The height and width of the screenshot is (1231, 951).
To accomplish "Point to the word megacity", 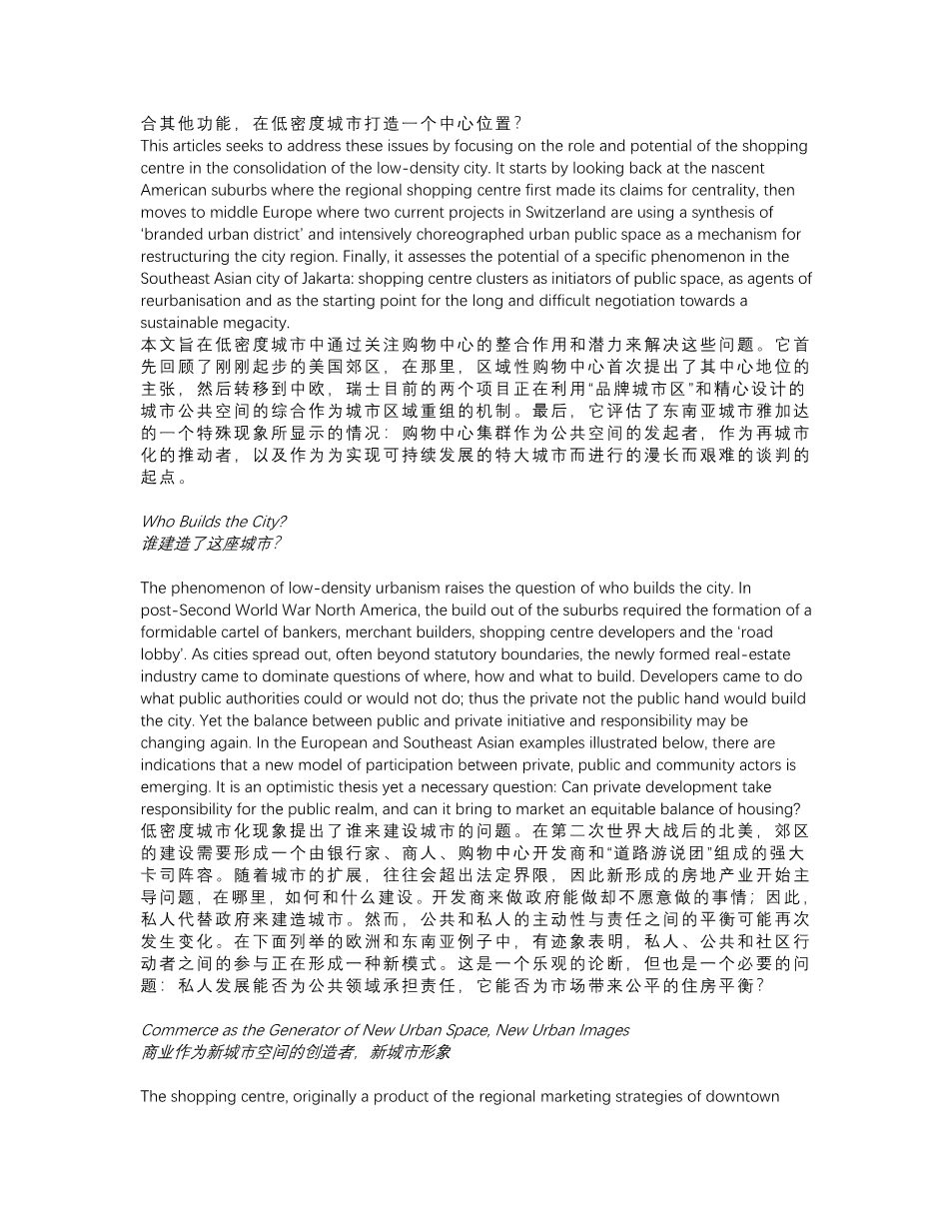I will [x=257, y=323].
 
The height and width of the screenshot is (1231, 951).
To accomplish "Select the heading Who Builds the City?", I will [x=213, y=522].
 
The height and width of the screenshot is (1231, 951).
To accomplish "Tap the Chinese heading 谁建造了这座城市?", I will [x=210, y=544].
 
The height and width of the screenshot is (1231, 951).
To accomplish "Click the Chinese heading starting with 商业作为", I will [x=296, y=1053].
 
